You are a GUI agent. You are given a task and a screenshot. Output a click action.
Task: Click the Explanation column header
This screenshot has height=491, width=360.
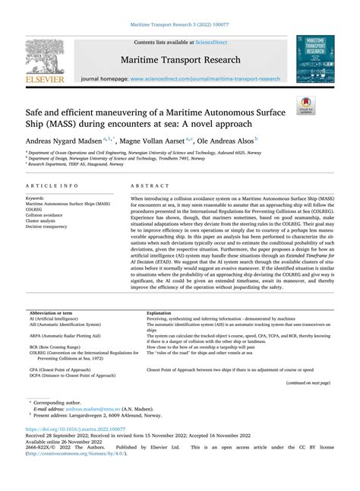pyautogui.click(x=159, y=334)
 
